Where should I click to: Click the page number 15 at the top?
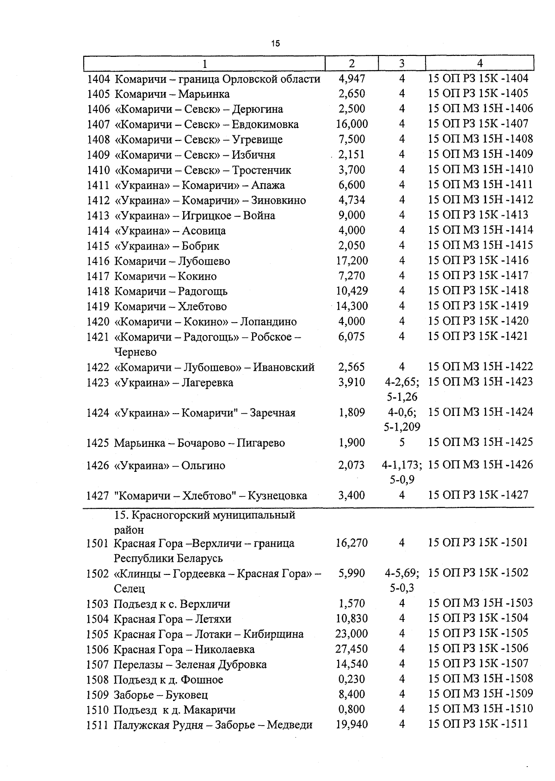[276, 44]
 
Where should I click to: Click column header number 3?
[401, 63]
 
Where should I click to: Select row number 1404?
[98, 79]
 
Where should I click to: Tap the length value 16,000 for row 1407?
[352, 124]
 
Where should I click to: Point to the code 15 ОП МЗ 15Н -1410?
[481, 170]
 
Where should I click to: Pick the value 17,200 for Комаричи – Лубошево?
[352, 261]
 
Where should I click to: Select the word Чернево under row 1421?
[136, 352]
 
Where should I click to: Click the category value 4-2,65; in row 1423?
[402, 382]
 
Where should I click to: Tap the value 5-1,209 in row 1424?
[402, 427]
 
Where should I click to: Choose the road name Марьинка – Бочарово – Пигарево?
[199, 443]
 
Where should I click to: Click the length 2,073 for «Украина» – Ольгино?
[352, 465]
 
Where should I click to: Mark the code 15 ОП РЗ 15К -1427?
[478, 495]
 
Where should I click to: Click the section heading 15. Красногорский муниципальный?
[204, 515]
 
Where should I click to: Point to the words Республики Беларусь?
[168, 558]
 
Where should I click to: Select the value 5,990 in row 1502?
[352, 574]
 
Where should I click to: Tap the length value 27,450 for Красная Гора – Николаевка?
[352, 649]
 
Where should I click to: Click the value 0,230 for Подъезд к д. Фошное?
[352, 679]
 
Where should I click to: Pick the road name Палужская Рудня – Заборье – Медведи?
[213, 725]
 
